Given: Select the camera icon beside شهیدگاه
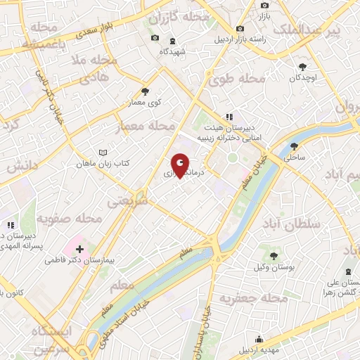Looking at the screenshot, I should pos(155,38).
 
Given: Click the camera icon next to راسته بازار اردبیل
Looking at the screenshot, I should pos(240,28).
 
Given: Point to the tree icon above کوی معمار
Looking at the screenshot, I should pos(146,91).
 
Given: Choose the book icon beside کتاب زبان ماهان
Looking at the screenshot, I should pos(103,153).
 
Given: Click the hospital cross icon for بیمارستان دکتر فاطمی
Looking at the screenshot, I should pos(79,249).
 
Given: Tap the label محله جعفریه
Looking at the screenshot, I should pos(255,299).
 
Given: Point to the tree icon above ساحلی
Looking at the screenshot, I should pos(294,147).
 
